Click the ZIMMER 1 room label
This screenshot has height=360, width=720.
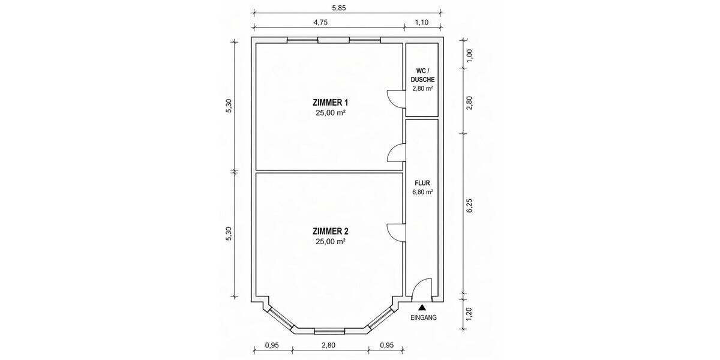pyautogui.click(x=331, y=103)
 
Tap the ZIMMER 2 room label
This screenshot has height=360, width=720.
pyautogui.click(x=331, y=231)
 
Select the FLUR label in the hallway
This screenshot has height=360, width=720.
pyautogui.click(x=422, y=183)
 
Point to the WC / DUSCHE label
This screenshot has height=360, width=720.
pyautogui.click(x=422, y=75)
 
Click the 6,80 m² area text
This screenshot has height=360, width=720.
pyautogui.click(x=422, y=192)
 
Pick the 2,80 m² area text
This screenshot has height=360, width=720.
pyautogui.click(x=422, y=88)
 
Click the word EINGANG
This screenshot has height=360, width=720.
pyautogui.click(x=424, y=317)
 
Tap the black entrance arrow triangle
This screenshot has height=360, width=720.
pyautogui.click(x=422, y=308)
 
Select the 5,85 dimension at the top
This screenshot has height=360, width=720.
pyautogui.click(x=339, y=8)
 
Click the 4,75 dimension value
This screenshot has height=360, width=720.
pyautogui.click(x=320, y=22)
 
